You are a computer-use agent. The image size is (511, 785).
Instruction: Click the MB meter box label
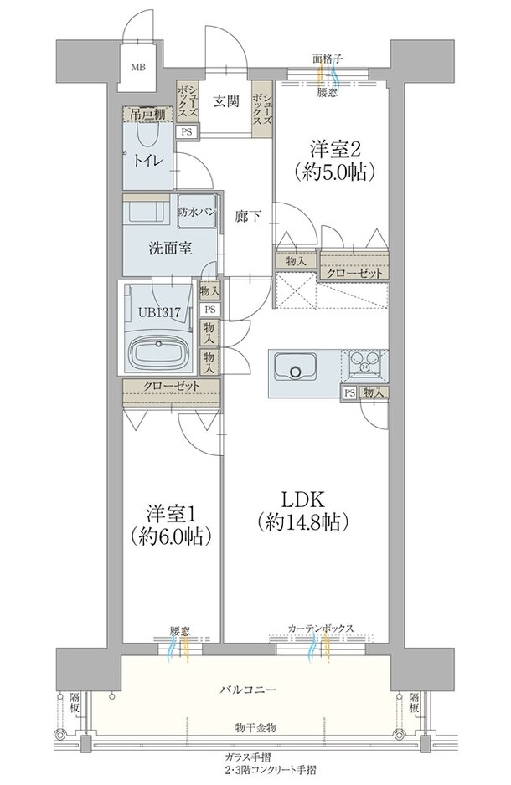(x=138, y=67)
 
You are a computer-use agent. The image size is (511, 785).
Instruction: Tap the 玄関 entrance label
(x=227, y=101)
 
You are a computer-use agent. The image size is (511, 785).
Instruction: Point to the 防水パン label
(x=197, y=211)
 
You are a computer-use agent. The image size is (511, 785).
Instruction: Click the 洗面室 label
(x=170, y=249)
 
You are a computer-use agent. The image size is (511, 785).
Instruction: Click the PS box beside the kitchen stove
(x=349, y=393)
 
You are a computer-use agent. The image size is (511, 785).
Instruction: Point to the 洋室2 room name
(x=336, y=149)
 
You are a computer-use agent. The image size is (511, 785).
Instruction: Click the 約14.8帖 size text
(x=301, y=522)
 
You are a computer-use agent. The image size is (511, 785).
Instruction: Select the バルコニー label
(x=248, y=690)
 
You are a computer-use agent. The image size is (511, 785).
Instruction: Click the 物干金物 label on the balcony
(x=255, y=727)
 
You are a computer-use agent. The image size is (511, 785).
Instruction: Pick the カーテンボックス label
(x=321, y=628)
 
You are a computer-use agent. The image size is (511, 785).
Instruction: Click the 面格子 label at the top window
(x=328, y=59)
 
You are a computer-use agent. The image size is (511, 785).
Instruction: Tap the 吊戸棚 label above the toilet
(x=147, y=114)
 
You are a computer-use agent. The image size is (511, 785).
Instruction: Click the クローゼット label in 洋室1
(x=172, y=386)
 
